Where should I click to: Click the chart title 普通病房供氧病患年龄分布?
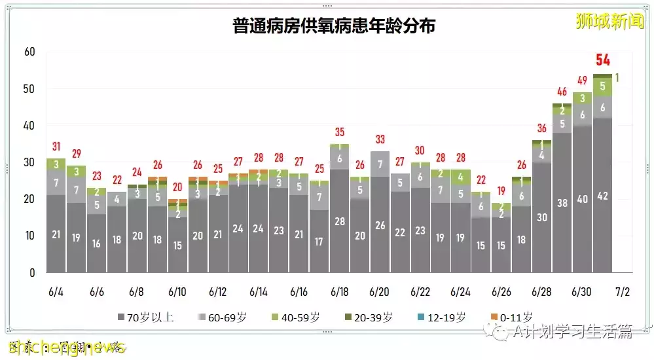334,26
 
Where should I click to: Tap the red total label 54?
602,61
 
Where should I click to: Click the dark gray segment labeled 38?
562,203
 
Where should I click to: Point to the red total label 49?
582,81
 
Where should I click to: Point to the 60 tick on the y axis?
29,52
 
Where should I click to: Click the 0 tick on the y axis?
32,272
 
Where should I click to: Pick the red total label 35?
339,132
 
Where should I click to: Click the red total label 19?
501,191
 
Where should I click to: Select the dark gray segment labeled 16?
96,243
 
